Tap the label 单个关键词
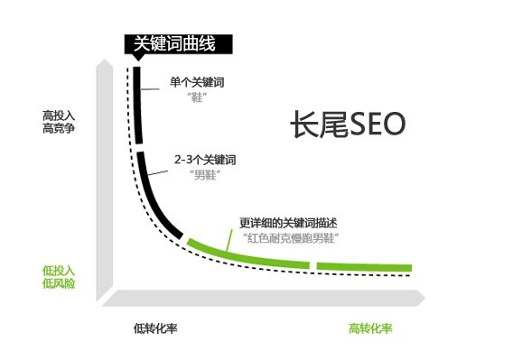click(197, 82)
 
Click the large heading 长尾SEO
click(348, 125)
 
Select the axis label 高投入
click(59, 116)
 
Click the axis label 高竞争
click(59, 130)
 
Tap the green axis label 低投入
click(59, 270)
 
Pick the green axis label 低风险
click(59, 283)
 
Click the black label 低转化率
click(155, 328)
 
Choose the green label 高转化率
click(370, 328)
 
